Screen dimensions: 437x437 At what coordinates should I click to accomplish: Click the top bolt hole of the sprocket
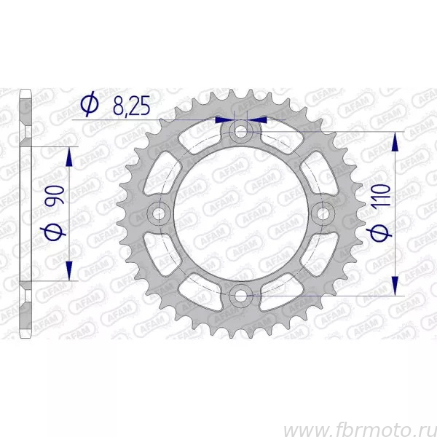pyautogui.click(x=241, y=131)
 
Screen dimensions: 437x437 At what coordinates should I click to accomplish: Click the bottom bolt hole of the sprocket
pyautogui.click(x=241, y=296)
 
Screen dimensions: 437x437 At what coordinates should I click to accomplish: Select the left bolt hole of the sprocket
pyautogui.click(x=159, y=213)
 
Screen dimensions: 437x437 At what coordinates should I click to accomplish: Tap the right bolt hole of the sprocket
pyautogui.click(x=323, y=213)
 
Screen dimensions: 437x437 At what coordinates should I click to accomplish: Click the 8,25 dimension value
pyautogui.click(x=132, y=106)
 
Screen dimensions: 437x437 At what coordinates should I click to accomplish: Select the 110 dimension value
pyautogui.click(x=381, y=195)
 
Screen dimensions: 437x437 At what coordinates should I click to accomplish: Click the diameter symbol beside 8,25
pyautogui.click(x=90, y=103)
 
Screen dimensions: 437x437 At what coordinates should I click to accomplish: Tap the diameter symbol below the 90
pyautogui.click(x=53, y=232)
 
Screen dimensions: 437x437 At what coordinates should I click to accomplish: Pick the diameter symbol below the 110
pyautogui.click(x=379, y=232)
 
